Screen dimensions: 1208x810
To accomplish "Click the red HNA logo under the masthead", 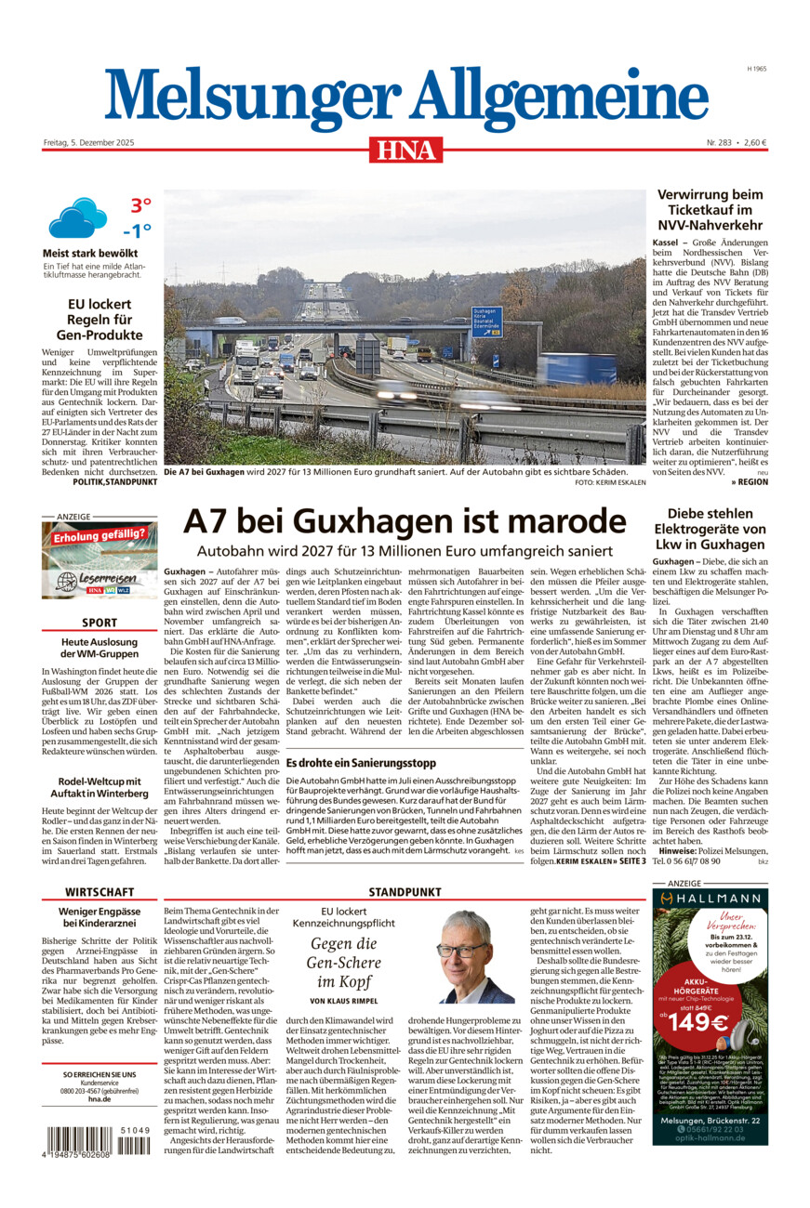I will pos(405,149).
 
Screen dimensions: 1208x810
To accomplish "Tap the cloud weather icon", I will pos(77,218).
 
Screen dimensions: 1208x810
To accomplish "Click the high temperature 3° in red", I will pos(140,205).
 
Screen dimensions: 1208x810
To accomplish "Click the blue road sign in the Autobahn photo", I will pos(486,322).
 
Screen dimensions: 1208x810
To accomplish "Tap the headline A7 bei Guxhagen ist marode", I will pos(405,520).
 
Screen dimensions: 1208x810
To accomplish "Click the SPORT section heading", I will pos(100,623).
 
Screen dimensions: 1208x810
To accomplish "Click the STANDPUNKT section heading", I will pos(405,893).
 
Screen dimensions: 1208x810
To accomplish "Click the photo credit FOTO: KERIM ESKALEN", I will pos(609,483).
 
